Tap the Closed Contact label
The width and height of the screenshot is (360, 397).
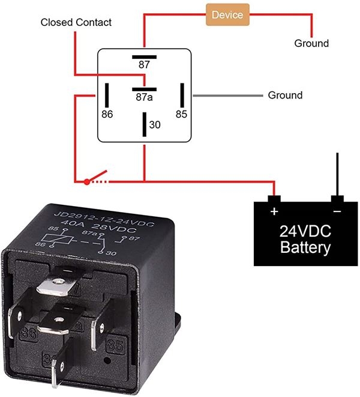76,22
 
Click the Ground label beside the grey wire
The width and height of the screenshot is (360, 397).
285,95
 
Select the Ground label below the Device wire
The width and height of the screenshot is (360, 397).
311,43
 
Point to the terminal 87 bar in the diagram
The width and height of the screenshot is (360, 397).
144,57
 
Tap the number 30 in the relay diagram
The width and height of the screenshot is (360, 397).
155,125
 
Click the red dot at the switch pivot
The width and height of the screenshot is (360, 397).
87,181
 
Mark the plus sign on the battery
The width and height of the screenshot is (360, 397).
275,211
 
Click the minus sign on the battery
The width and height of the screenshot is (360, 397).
337,211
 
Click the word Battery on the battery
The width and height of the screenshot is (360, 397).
305,247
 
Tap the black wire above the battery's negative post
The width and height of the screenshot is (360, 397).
337,174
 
